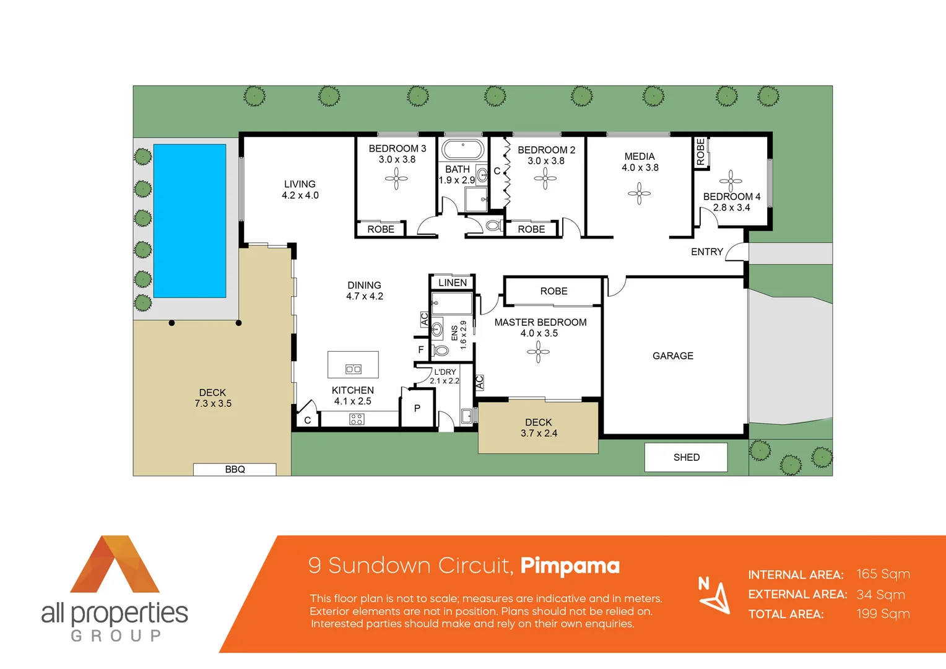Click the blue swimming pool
click(x=189, y=221)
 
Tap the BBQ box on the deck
click(x=235, y=470)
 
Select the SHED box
click(x=686, y=457)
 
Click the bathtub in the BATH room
click(x=462, y=151)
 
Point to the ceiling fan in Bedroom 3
click(x=396, y=180)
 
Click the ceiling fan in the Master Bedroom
click(x=538, y=352)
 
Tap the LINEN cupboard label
click(x=453, y=282)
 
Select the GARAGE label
click(x=672, y=356)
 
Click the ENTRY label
click(x=707, y=251)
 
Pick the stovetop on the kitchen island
click(x=354, y=369)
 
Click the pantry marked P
click(x=417, y=409)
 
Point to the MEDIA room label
click(x=640, y=157)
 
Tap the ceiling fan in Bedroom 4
click(x=731, y=181)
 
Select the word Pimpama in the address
click(x=570, y=566)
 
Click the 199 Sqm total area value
click(x=883, y=614)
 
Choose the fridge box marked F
click(x=421, y=350)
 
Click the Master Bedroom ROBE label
click(x=553, y=291)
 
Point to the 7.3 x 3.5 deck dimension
click(x=213, y=403)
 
